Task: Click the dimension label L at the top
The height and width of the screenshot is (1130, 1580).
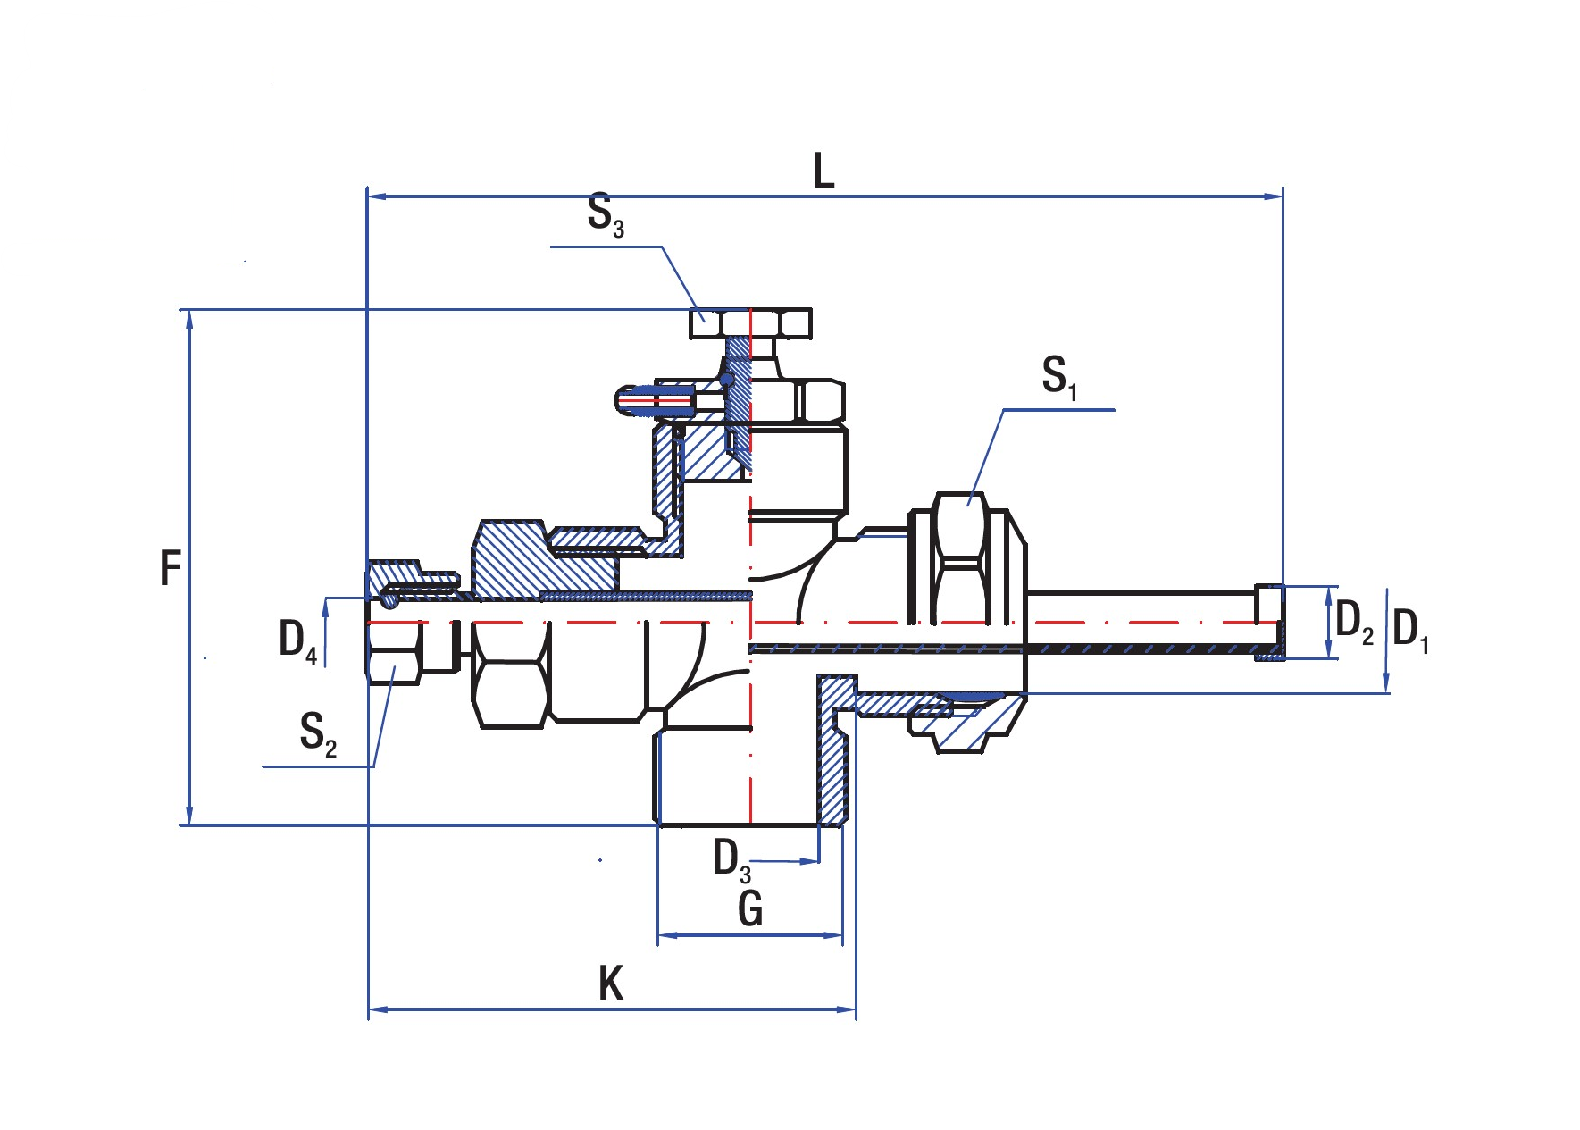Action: click(x=823, y=171)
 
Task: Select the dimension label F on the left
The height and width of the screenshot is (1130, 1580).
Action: click(x=170, y=568)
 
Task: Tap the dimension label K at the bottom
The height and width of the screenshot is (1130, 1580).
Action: click(x=611, y=984)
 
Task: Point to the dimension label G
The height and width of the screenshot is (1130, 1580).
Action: click(x=750, y=909)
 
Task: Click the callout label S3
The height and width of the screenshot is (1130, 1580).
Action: click(x=606, y=215)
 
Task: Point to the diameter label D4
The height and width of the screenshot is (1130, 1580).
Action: click(x=297, y=640)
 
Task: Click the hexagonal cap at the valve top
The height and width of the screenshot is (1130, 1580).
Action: click(x=750, y=322)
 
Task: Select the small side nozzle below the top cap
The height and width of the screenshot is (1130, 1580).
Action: click(x=656, y=401)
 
